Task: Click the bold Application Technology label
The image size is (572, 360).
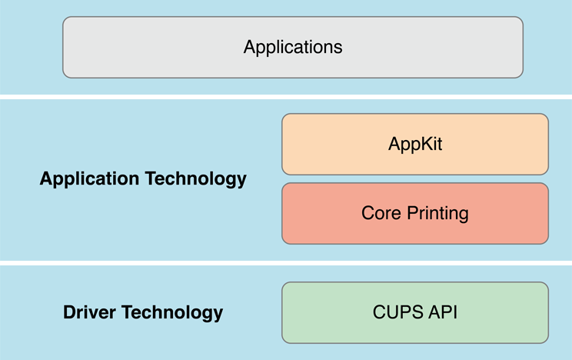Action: (143, 179)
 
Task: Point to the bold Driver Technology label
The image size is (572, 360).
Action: (143, 312)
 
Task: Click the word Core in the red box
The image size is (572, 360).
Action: (378, 213)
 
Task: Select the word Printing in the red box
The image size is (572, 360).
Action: (437, 214)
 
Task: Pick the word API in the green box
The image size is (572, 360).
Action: (441, 312)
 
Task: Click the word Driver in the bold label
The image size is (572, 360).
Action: (88, 312)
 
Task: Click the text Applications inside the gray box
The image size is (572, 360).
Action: (293, 47)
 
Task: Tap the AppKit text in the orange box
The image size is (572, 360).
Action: (415, 144)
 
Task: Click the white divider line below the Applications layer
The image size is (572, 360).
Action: (286, 96)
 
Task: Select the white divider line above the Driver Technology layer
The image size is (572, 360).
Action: (286, 262)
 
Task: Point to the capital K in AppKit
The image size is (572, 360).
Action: (427, 143)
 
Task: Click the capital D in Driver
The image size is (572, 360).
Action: (69, 312)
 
